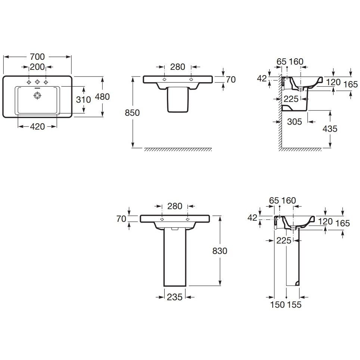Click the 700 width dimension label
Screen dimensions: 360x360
point(37,57)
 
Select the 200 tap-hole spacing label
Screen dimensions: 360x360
point(37,67)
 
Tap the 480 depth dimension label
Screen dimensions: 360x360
point(102,97)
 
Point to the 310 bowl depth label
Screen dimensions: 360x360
point(84,100)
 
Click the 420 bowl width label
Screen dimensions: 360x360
point(37,127)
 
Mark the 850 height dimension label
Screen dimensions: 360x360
point(132,113)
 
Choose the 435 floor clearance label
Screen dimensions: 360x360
point(330,129)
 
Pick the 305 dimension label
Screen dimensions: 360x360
point(294,122)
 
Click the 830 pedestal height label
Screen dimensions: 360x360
point(220,251)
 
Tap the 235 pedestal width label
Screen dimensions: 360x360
point(174,297)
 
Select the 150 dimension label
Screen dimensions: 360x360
point(277,305)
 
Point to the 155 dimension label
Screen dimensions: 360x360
point(294,305)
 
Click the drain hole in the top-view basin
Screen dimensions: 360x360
point(37,95)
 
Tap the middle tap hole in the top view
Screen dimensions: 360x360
point(37,82)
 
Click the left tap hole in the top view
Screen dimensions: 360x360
point(29,82)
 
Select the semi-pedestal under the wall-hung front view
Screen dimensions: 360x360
point(178,99)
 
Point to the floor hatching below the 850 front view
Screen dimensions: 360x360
point(178,149)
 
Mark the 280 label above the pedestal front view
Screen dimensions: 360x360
point(175,206)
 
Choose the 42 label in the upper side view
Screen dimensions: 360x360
point(262,78)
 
